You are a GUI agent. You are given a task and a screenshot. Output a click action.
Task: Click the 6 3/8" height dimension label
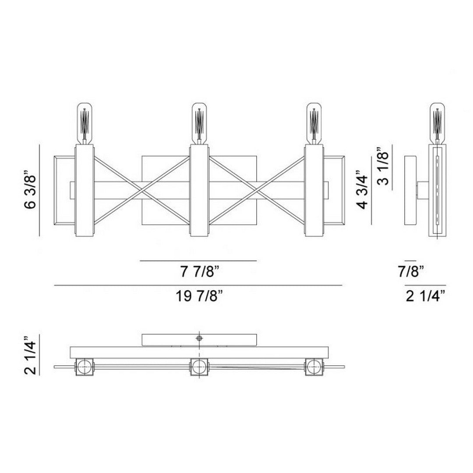click(x=30, y=191)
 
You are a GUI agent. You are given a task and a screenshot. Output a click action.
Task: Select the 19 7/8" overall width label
click(x=199, y=296)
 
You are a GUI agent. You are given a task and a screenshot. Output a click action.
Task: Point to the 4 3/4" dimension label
click(x=362, y=191)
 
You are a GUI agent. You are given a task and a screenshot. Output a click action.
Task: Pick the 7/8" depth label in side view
click(x=411, y=272)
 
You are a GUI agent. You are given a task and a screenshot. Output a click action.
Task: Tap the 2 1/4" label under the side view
click(x=425, y=296)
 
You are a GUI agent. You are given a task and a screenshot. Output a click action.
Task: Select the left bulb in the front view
click(x=85, y=124)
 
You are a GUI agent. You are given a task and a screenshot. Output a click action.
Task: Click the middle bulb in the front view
click(x=199, y=124)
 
